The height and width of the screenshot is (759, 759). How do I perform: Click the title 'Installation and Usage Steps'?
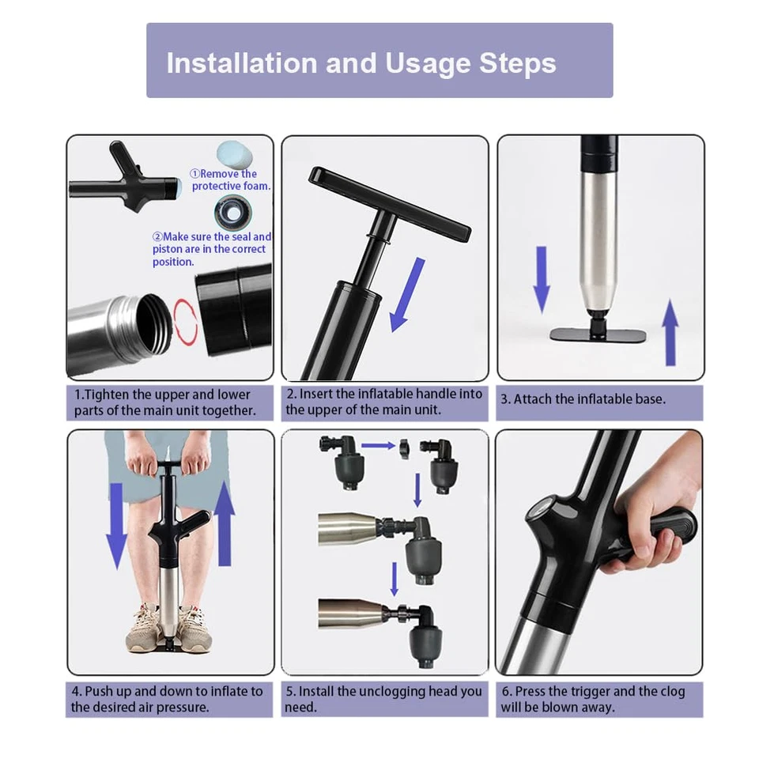point(361,63)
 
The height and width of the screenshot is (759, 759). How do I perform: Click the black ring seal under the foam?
point(232,211)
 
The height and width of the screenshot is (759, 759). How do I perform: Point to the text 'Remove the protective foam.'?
point(230,179)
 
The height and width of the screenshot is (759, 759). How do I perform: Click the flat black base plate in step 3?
point(598,334)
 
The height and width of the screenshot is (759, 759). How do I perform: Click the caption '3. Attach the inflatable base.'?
point(583,399)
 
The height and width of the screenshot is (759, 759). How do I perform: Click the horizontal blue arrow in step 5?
point(378,445)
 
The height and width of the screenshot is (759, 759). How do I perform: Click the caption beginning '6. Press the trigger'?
point(593,699)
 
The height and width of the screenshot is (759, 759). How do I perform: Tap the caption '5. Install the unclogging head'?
point(383,699)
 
